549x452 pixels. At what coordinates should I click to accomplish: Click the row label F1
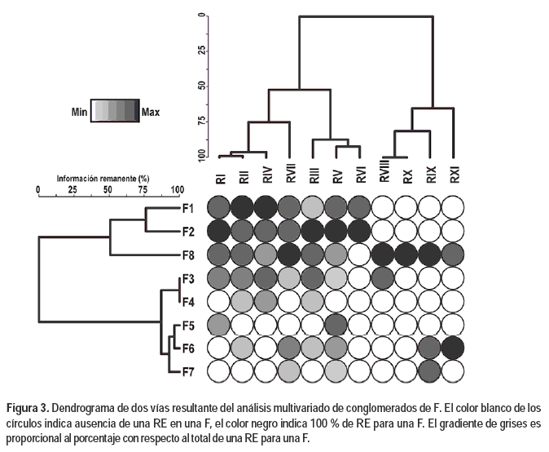[187, 209]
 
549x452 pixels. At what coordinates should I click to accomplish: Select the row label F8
[187, 255]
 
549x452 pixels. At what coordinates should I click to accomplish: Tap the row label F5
[187, 325]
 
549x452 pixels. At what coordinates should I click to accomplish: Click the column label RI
[221, 178]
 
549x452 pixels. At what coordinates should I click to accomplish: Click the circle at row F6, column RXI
[454, 348]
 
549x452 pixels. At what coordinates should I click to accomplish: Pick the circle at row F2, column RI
[220, 231]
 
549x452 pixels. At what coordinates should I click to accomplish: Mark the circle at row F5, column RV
[337, 325]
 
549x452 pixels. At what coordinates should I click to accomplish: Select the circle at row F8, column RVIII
[384, 255]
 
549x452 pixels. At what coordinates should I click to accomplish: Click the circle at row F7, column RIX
[430, 371]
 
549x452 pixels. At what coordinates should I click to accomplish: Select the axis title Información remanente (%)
[106, 178]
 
